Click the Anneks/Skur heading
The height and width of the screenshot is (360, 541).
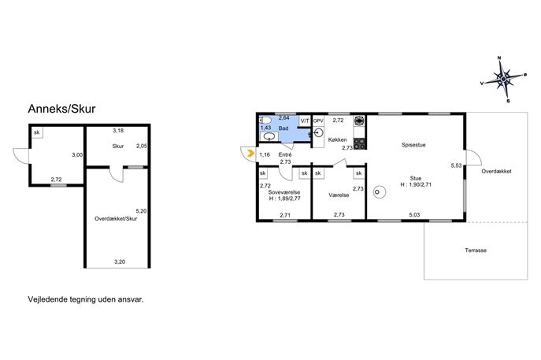tap(61, 109)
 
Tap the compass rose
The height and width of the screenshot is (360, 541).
tap(503, 80)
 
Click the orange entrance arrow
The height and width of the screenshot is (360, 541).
tap(251, 153)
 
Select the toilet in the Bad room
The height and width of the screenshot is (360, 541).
tap(265, 120)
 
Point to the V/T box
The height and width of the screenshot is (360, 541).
tap(305, 121)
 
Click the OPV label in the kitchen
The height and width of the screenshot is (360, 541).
tap(318, 121)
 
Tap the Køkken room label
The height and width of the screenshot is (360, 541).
tap(337, 139)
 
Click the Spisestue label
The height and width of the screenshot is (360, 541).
tap(413, 145)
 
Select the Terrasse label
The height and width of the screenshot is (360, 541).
tap(476, 251)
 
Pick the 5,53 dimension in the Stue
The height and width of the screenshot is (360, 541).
tap(456, 165)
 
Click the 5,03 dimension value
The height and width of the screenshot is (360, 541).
tap(414, 215)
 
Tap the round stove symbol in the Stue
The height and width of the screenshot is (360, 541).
tap(380, 192)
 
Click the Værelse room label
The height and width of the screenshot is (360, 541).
tap(339, 195)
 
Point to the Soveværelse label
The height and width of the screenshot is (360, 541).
tap(284, 192)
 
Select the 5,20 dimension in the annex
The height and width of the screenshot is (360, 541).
tap(141, 211)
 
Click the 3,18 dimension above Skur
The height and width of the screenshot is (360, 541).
tap(118, 131)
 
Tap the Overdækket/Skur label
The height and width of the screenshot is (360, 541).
tap(116, 218)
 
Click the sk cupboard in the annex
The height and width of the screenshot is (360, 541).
tap(37, 132)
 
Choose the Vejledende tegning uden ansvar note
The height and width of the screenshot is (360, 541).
tap(86, 299)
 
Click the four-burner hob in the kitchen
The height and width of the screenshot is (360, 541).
tap(360, 144)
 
